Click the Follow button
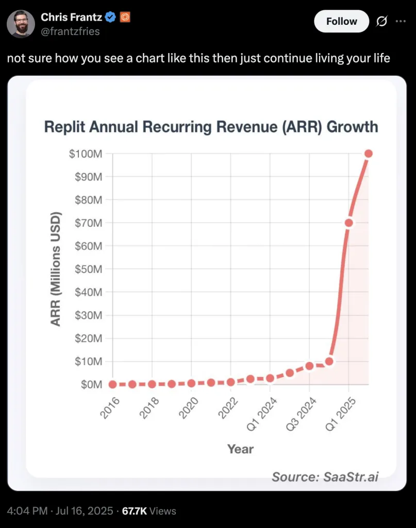341,21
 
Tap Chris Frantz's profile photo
22,23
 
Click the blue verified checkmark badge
110,18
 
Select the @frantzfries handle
70,31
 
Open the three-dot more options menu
401,21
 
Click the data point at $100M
368,154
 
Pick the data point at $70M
348,223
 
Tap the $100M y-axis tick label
86,154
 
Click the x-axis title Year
240,449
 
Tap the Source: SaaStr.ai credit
325,476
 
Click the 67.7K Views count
148,511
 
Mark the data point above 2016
113,384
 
